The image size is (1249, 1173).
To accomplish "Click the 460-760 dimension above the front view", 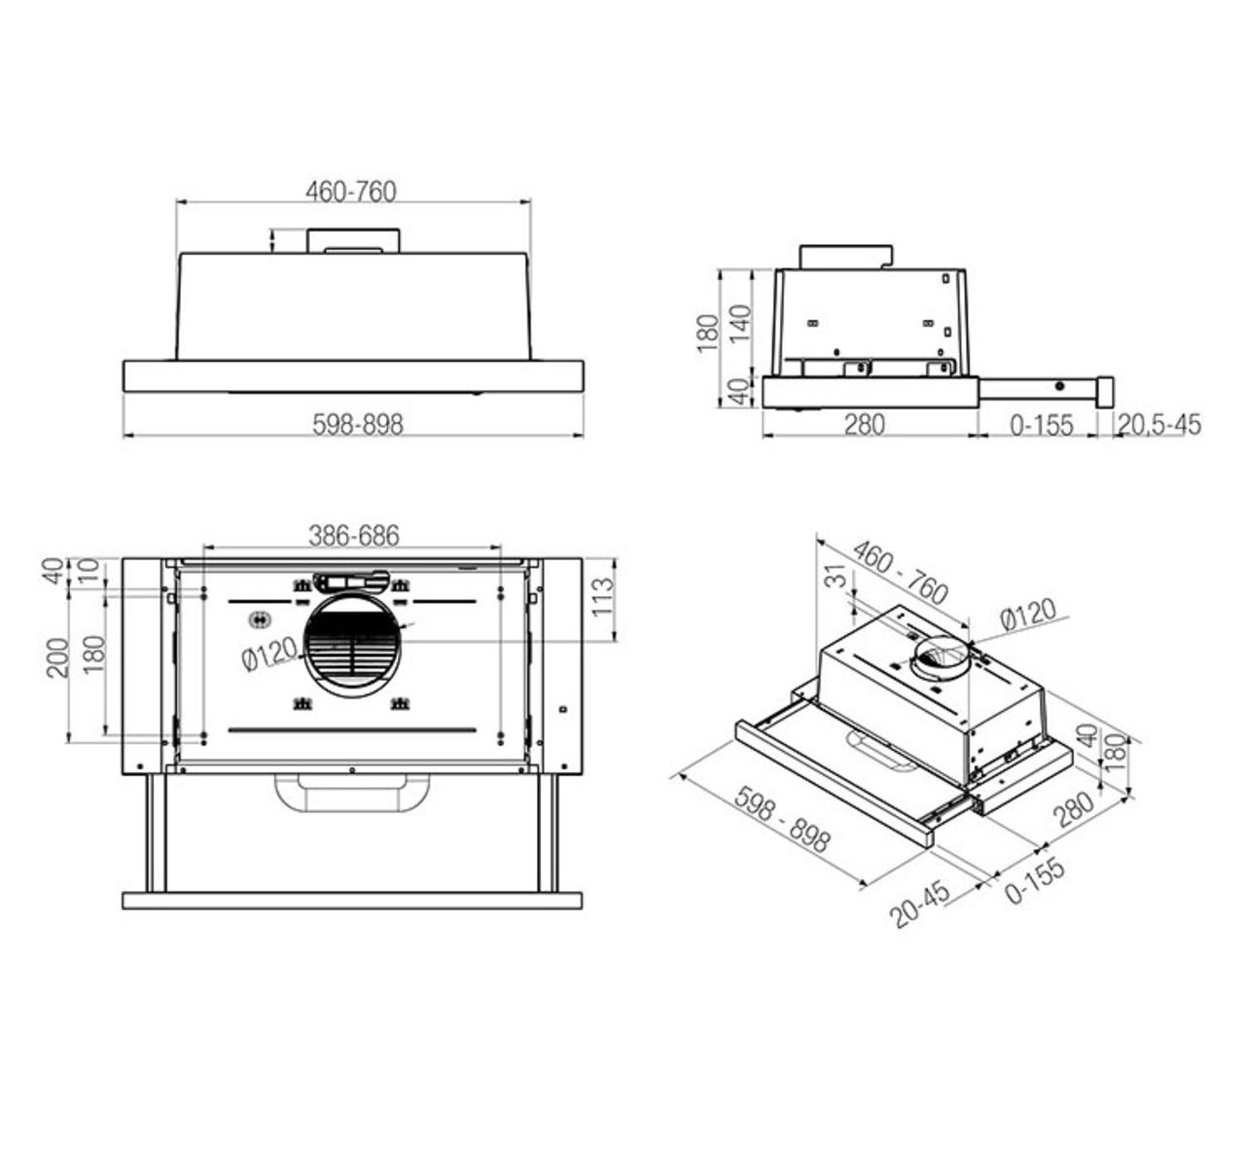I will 351,192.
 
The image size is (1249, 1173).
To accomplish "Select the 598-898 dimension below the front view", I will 357,424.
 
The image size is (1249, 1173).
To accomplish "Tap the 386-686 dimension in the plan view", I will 354,535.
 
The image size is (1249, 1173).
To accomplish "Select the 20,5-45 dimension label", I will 1159,425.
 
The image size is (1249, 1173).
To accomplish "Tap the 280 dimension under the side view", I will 864,425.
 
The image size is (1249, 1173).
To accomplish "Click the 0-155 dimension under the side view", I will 1040,425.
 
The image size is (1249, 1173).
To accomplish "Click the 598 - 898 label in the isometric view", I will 782,820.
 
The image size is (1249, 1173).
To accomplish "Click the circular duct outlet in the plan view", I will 352,646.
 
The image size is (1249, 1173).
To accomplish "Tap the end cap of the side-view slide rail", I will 1106,390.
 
